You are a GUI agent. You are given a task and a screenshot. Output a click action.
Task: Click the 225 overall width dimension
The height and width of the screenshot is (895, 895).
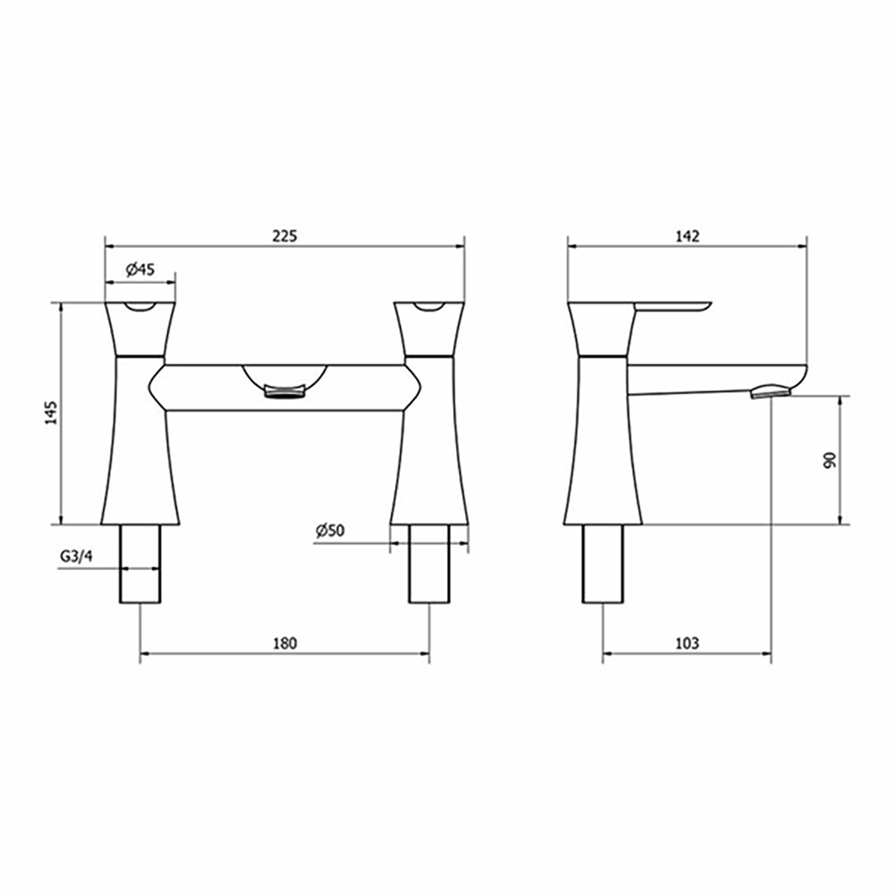point(285,236)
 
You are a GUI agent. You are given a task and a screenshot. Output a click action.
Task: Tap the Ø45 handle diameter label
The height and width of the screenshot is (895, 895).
point(141,269)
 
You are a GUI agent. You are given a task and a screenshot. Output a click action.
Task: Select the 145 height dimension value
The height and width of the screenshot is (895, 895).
point(51,413)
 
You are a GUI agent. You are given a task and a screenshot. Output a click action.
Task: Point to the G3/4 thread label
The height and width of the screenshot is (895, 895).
point(76,556)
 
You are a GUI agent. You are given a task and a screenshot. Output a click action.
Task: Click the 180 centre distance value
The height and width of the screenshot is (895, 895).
point(285,643)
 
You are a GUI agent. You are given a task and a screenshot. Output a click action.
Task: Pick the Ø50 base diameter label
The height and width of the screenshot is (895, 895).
point(329,531)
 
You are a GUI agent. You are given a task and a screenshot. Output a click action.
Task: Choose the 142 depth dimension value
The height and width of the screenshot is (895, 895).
point(687,236)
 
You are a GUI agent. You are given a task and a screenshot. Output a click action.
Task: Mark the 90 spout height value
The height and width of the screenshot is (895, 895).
point(830,460)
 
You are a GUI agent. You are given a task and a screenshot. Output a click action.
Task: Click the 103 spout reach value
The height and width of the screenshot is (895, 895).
point(686,643)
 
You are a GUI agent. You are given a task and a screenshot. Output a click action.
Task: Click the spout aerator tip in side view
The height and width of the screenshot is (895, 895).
point(771,390)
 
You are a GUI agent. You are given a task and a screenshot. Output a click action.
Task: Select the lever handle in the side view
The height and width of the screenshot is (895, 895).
point(671,307)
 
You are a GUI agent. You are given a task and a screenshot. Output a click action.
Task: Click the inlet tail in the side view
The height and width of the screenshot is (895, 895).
point(602,563)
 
